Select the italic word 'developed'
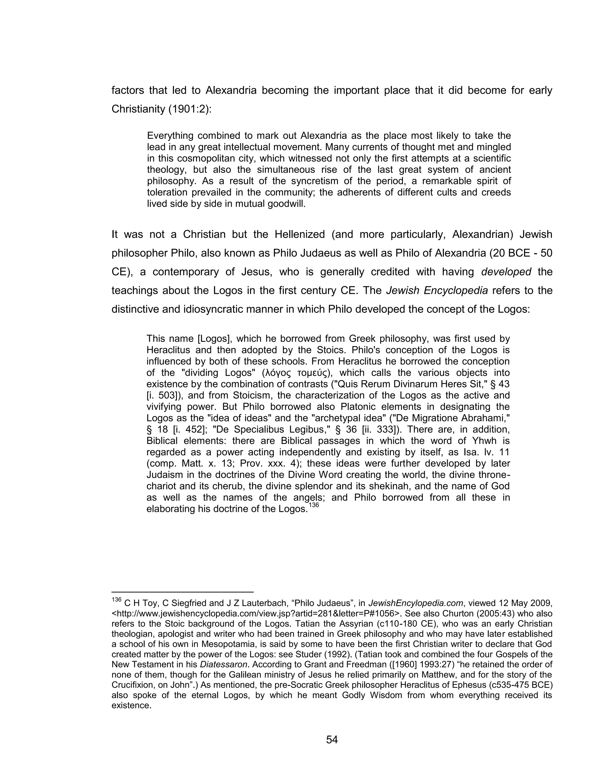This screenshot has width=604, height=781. tap(506, 272)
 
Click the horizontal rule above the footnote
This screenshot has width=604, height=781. tap(182, 592)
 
